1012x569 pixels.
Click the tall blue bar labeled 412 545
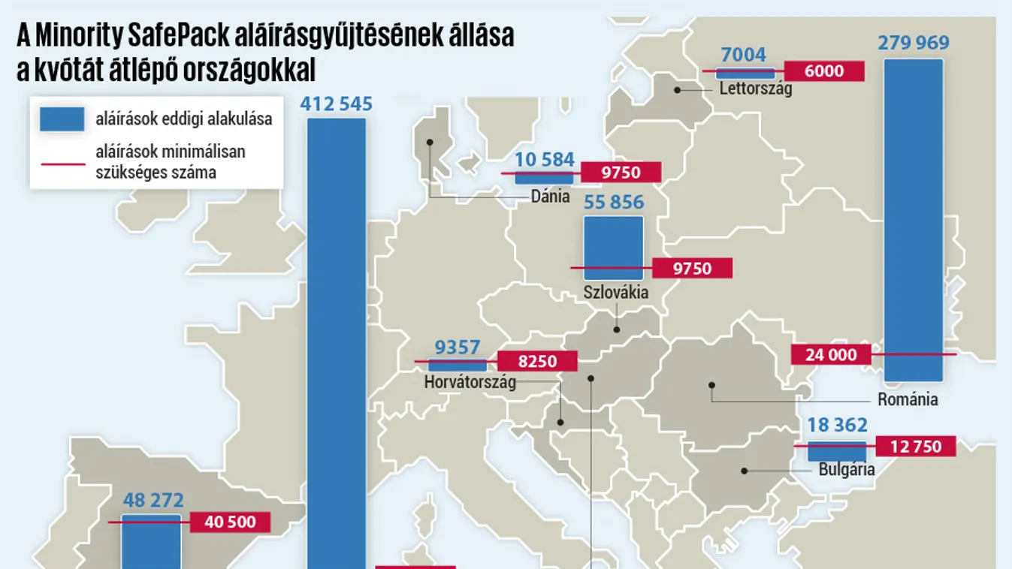[337, 338]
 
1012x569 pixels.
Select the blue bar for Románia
[913, 218]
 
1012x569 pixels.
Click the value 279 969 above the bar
[913, 42]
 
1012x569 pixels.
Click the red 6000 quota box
[823, 71]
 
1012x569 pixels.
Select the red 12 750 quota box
[915, 446]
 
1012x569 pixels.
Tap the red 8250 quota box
[537, 361]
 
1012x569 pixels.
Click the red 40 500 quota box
[230, 522]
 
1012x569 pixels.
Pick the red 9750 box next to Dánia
[621, 173]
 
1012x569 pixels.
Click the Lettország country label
[755, 89]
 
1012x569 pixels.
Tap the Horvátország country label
[470, 381]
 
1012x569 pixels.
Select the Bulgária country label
[847, 470]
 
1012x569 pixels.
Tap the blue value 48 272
[153, 500]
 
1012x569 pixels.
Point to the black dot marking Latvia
[677, 89]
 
